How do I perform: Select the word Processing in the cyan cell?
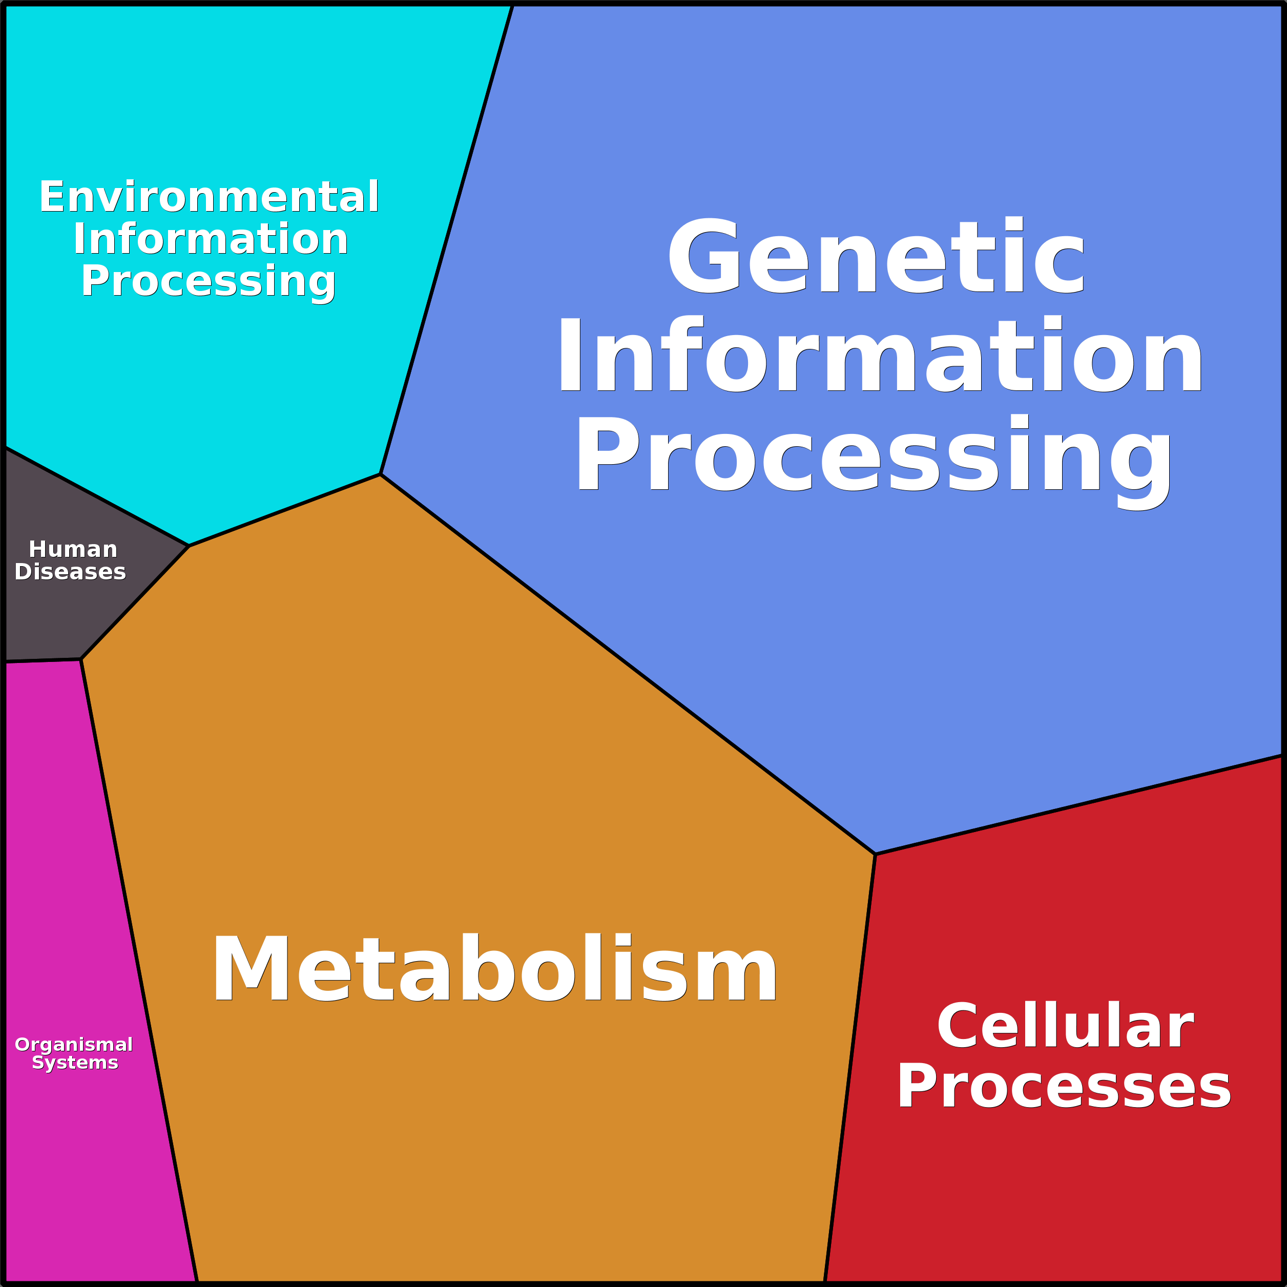(x=209, y=282)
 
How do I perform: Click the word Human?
(x=73, y=550)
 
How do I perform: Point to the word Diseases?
(x=70, y=572)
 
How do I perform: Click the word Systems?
(x=75, y=1063)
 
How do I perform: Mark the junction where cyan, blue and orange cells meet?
(x=380, y=474)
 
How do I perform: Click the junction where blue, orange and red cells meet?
(x=875, y=854)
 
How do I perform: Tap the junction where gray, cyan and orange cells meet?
(x=189, y=546)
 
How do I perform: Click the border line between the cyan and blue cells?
(x=446, y=240)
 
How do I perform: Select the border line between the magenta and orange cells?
(x=139, y=970)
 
